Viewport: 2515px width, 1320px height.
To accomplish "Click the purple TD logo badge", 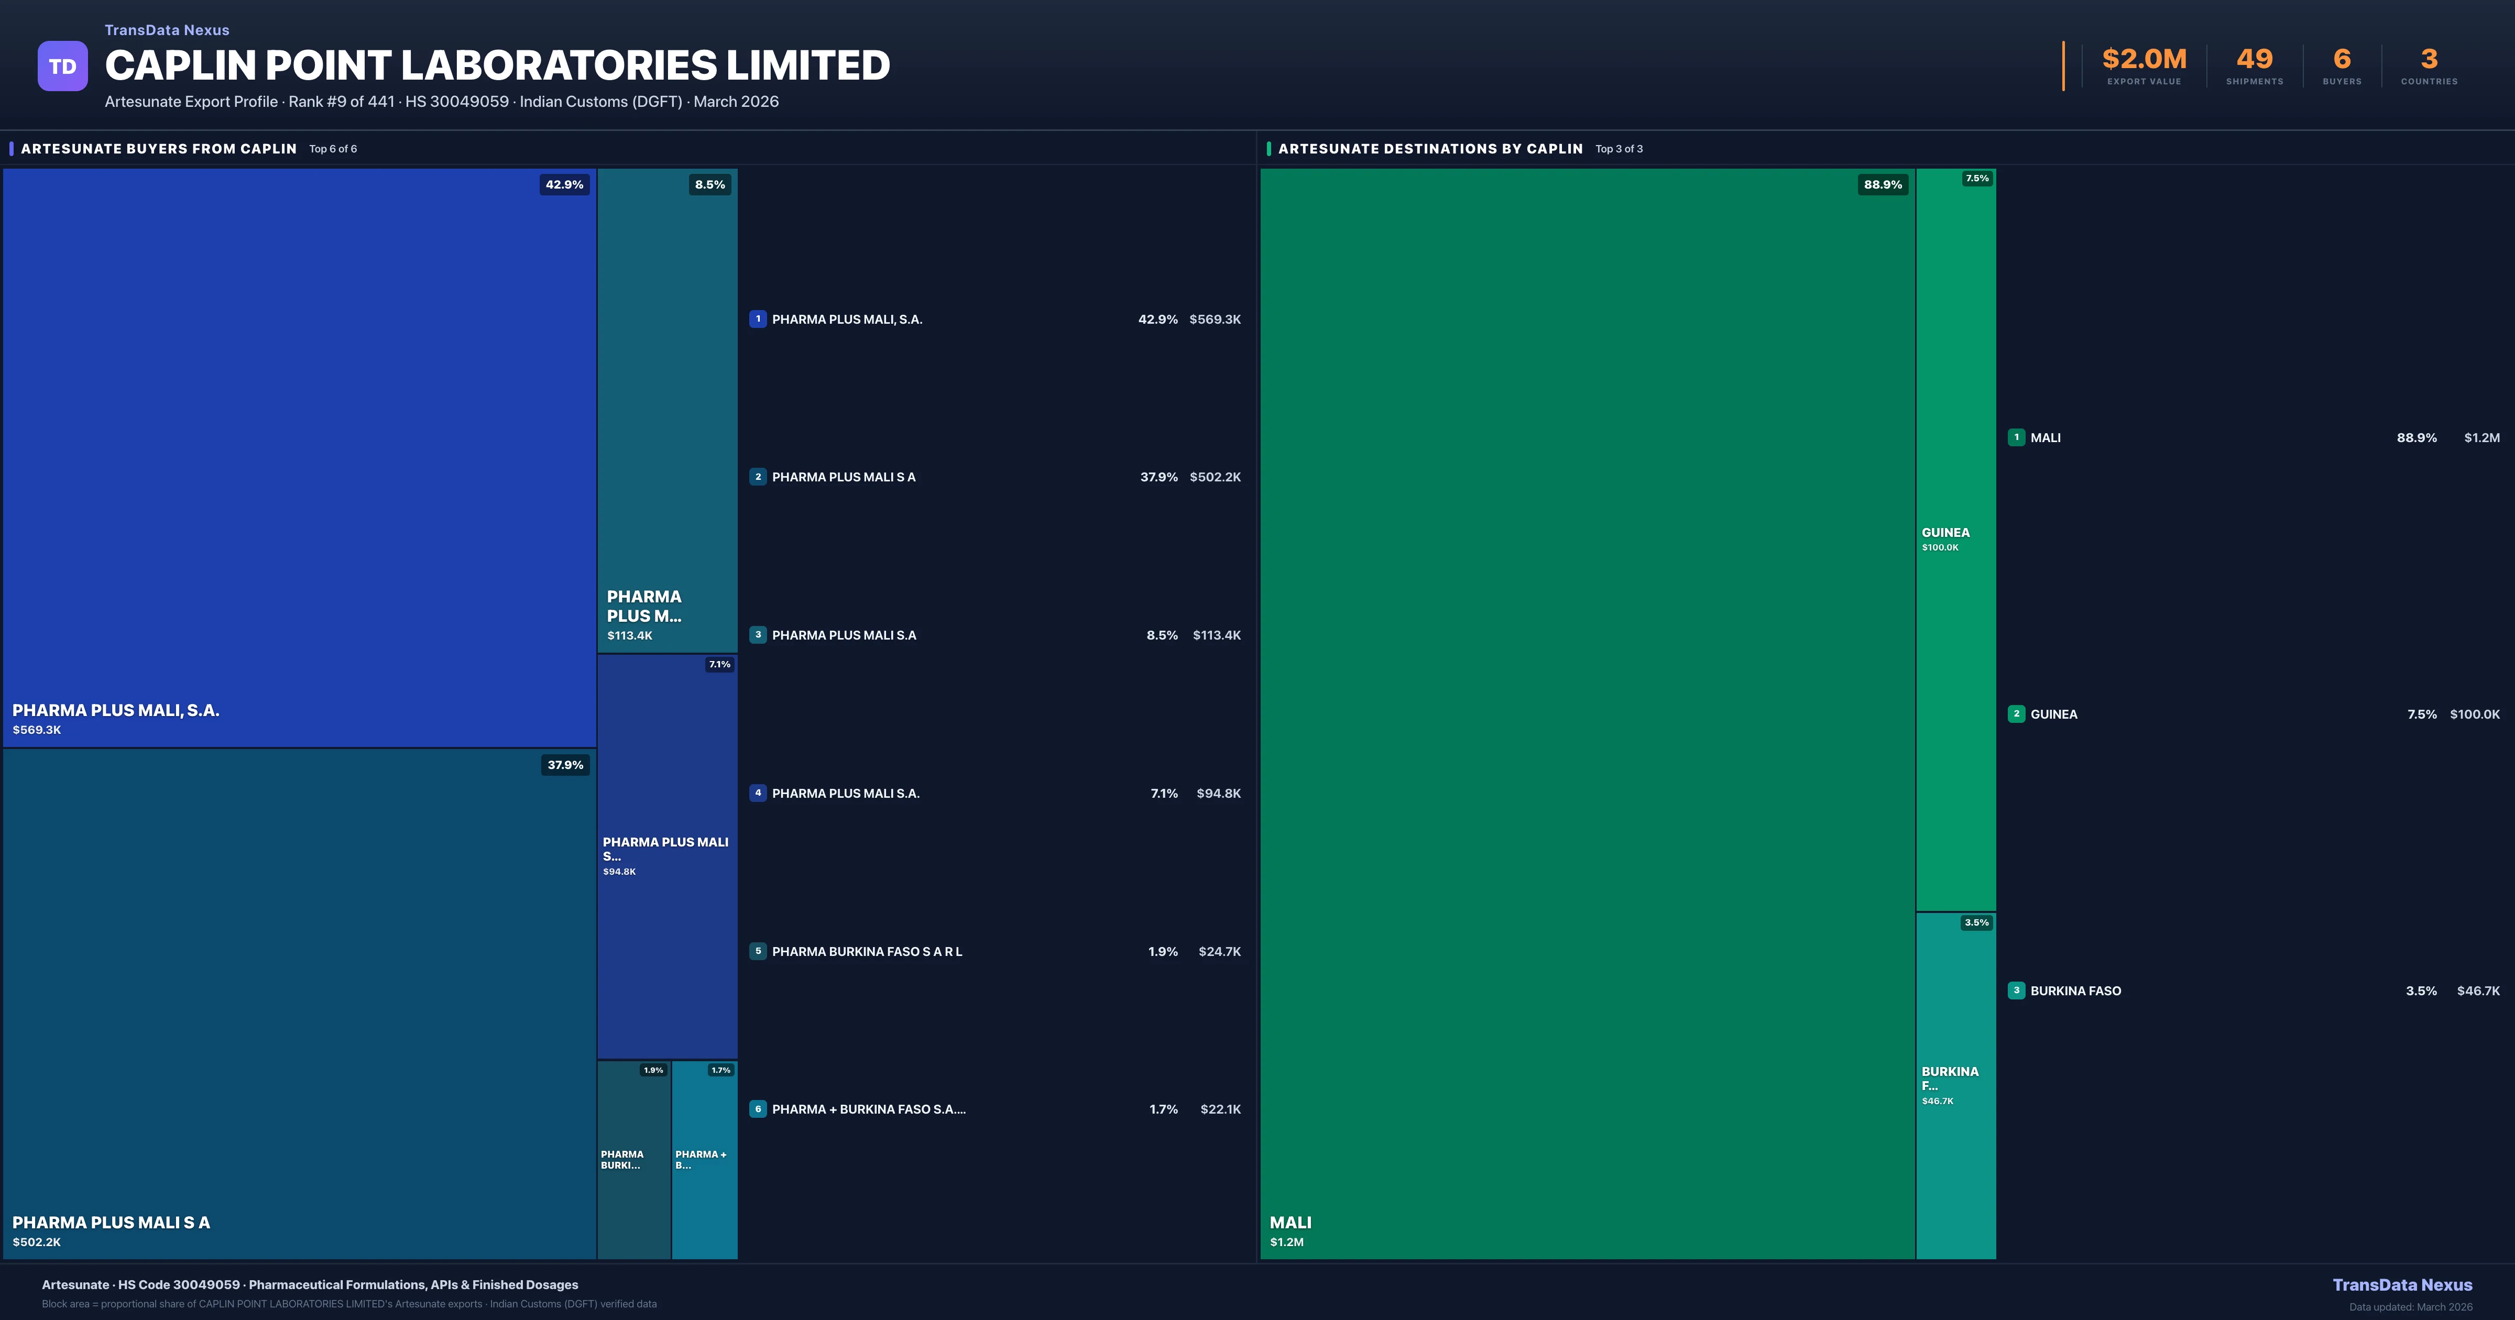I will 62,67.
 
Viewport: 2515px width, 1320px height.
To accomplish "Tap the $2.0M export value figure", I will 2144,60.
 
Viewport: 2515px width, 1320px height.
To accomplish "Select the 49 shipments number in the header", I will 2254,60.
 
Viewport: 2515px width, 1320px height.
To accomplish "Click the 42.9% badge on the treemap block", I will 564,184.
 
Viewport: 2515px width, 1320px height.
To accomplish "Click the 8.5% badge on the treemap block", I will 710,184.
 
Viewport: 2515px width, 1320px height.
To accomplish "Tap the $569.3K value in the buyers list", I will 1215,319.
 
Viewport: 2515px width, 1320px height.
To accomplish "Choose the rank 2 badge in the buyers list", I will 758,477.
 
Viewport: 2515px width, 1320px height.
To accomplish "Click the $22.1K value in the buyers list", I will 1220,1109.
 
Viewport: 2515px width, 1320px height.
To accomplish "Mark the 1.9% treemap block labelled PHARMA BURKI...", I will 633,1162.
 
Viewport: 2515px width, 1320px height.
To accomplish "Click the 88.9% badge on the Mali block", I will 1883,184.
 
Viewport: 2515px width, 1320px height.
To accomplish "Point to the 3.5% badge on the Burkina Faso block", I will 1976,922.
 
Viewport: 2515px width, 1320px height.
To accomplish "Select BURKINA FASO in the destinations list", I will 2075,991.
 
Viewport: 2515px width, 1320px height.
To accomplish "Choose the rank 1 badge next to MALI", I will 2016,437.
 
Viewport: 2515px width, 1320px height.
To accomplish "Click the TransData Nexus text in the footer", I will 2402,1285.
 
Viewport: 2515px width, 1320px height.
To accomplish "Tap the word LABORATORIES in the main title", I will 561,65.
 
